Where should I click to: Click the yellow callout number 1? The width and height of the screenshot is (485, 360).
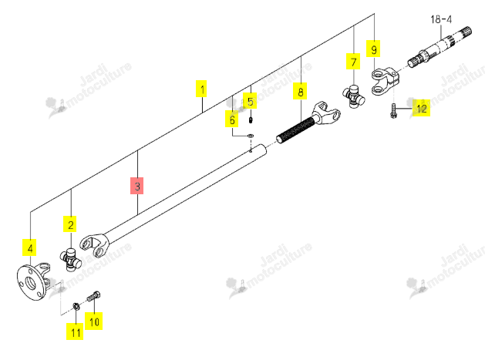pyautogui.click(x=201, y=89)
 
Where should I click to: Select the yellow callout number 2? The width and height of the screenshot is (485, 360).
pyautogui.click(x=70, y=224)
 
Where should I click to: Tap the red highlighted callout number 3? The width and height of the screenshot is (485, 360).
pyautogui.click(x=137, y=186)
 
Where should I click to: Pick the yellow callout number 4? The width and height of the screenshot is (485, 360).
pyautogui.click(x=29, y=247)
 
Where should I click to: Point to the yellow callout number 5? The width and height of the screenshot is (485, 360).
pyautogui.click(x=250, y=101)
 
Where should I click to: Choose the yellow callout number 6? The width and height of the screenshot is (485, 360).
pyautogui.click(x=231, y=119)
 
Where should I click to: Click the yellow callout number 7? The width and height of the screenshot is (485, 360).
pyautogui.click(x=353, y=62)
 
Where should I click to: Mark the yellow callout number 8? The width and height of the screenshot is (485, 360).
pyautogui.click(x=300, y=91)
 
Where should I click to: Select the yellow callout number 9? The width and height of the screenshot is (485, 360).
pyautogui.click(x=373, y=49)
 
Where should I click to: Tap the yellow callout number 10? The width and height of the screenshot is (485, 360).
pyautogui.click(x=94, y=321)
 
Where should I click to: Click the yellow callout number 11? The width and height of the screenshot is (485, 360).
pyautogui.click(x=75, y=331)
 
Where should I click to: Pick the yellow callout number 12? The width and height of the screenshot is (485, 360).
pyautogui.click(x=421, y=108)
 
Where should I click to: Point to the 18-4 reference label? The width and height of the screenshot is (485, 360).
pyautogui.click(x=441, y=19)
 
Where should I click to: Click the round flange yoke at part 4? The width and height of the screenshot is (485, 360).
pyautogui.click(x=33, y=281)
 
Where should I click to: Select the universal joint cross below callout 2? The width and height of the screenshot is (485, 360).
pyautogui.click(x=70, y=260)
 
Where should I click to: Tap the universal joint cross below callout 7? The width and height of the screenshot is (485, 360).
pyautogui.click(x=354, y=96)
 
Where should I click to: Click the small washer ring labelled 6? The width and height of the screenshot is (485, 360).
pyautogui.click(x=251, y=136)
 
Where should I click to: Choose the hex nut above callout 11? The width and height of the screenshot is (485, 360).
pyautogui.click(x=76, y=306)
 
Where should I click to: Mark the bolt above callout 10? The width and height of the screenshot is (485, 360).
pyautogui.click(x=94, y=296)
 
